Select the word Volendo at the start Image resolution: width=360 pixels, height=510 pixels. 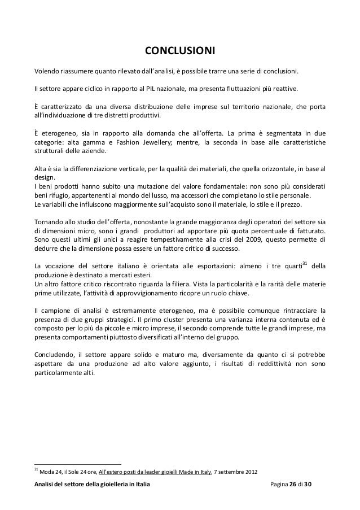click(x=47, y=72)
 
